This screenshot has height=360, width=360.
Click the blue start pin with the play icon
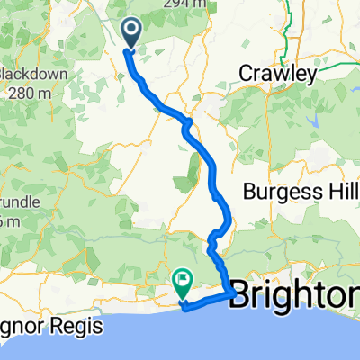130,33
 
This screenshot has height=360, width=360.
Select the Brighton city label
297,297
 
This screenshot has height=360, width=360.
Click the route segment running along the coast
207,300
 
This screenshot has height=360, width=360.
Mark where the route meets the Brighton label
233,292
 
